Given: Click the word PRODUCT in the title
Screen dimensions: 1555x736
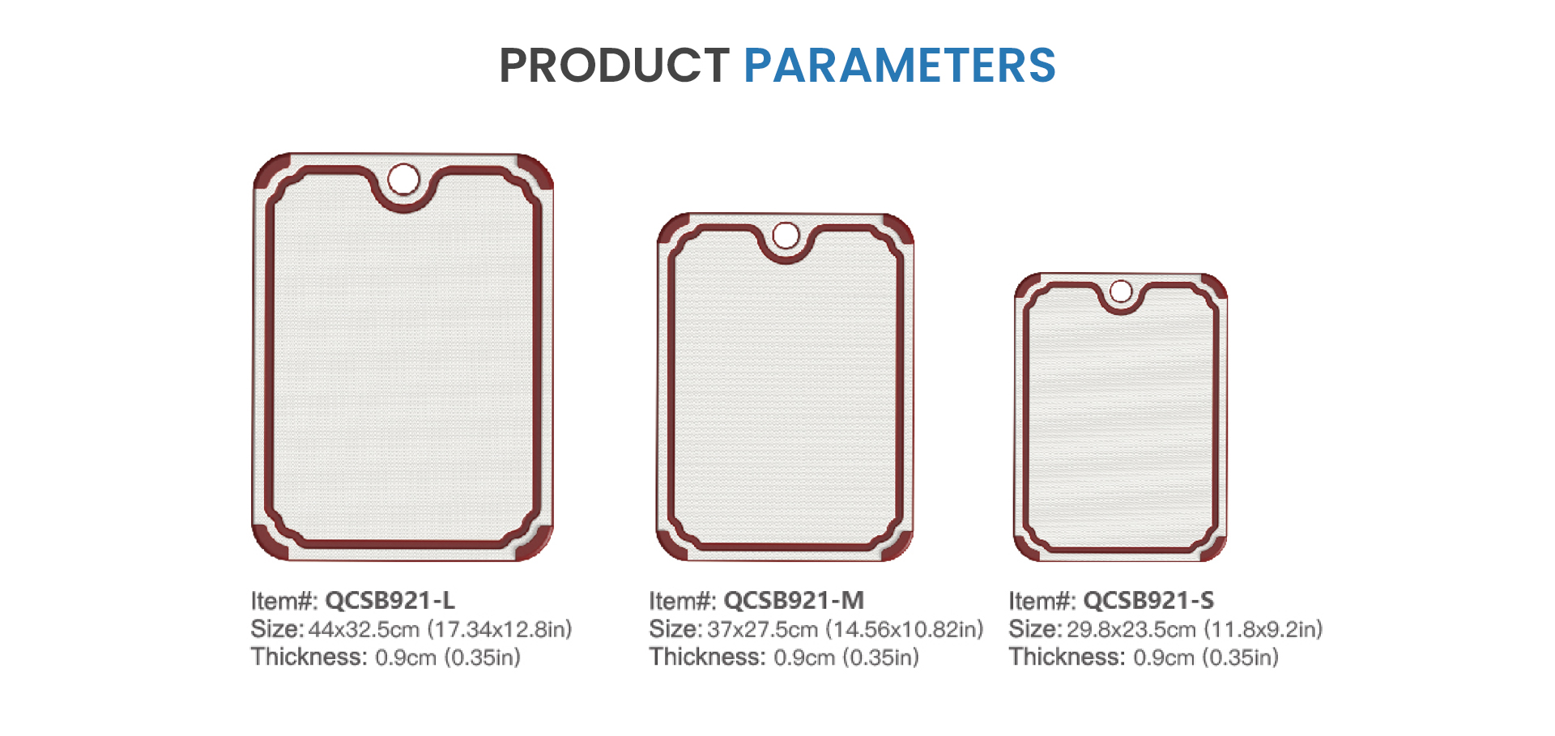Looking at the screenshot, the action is point(614,65).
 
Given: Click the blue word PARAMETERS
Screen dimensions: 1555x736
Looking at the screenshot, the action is point(900,65).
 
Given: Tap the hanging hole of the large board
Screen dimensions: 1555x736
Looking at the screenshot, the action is point(403,179).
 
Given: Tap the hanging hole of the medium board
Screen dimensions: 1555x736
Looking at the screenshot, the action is point(786,236).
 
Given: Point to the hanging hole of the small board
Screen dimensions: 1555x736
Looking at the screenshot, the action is point(1121,291).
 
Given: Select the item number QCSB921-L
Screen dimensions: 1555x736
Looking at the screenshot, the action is point(390,600).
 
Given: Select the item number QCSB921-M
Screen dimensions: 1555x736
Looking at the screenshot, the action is point(794,600).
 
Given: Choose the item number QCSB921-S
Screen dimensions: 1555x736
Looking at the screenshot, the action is point(1148,600).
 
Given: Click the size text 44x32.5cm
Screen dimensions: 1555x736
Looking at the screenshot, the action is point(364,629).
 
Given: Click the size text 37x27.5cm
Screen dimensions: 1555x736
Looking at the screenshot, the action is point(762,629).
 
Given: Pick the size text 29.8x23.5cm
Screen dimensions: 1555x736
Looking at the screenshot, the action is point(1131,629).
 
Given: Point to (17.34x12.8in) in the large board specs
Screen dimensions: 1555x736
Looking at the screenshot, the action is point(500,629).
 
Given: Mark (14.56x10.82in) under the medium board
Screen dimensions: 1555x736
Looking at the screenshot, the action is point(905,629).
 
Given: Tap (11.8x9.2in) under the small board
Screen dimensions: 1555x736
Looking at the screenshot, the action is point(1263,629).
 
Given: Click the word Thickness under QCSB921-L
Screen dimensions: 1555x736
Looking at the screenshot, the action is point(309,657).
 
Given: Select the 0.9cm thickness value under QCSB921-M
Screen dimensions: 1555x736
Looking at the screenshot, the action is point(804,657).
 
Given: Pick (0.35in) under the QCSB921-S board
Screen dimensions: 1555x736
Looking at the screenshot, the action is point(1241,657).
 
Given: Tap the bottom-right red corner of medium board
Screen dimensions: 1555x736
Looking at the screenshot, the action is point(897,544).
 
